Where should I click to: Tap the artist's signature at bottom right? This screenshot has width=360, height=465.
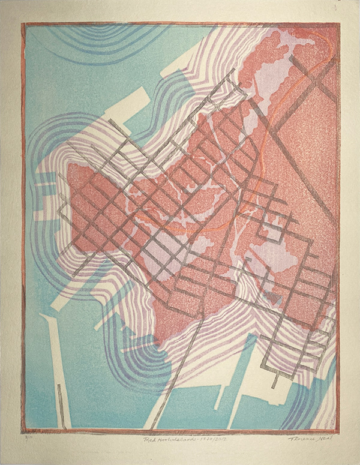[313, 439]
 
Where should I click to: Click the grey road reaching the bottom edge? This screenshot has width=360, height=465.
[171, 384]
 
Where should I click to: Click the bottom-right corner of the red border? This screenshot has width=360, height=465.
[337, 430]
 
